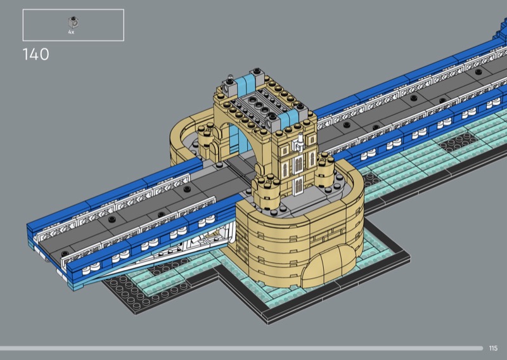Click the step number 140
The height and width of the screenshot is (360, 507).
[36, 55]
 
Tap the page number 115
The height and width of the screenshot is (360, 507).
[493, 348]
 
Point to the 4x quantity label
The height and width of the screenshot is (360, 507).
[71, 32]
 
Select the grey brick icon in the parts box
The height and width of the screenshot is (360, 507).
[74, 22]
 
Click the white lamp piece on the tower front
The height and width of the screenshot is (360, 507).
[298, 143]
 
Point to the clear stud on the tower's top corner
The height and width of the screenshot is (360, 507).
[229, 79]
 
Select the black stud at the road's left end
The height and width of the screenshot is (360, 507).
[65, 254]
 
